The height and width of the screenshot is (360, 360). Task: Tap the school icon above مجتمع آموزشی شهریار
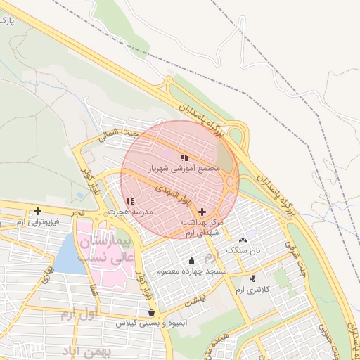click(x=184, y=158)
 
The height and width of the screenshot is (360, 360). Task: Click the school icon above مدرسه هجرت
click(x=130, y=202)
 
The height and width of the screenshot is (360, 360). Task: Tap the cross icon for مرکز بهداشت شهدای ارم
click(x=202, y=211)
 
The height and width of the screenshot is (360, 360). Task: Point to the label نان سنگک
click(x=243, y=250)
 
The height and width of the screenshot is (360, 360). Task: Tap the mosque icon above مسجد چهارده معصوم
click(x=192, y=261)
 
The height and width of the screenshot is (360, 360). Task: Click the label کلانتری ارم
click(x=252, y=289)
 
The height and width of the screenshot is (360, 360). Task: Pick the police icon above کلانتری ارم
click(x=252, y=279)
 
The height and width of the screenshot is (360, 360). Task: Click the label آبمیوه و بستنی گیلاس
click(x=151, y=323)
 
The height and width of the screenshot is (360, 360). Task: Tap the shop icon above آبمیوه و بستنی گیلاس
click(x=151, y=313)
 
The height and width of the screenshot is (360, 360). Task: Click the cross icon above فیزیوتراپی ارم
click(x=37, y=211)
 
